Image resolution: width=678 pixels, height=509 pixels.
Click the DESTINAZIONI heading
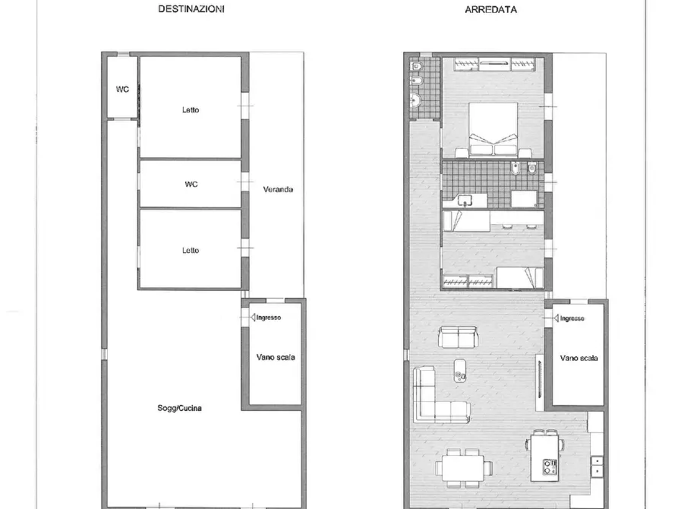pos(191,10)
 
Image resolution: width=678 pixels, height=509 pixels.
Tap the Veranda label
pos(277,189)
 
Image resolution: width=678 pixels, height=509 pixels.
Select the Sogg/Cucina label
pos(179,408)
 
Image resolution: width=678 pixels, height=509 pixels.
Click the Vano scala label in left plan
pos(276,357)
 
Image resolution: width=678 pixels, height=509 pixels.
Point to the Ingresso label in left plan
pos(268,318)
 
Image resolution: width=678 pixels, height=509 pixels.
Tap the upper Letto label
pos(191,110)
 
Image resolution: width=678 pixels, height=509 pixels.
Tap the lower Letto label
pos(191,250)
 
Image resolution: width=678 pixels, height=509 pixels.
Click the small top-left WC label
pos(121,90)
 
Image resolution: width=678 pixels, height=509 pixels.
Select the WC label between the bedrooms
pos(191,184)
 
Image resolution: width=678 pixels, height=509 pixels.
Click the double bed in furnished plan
pos(494,131)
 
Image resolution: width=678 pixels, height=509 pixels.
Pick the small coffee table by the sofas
pos(460,370)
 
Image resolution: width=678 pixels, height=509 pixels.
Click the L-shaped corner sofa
pos(433,397)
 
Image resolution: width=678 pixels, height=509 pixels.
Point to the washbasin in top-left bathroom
pos(416,100)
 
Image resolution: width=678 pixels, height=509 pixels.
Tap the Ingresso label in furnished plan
pos(572,318)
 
